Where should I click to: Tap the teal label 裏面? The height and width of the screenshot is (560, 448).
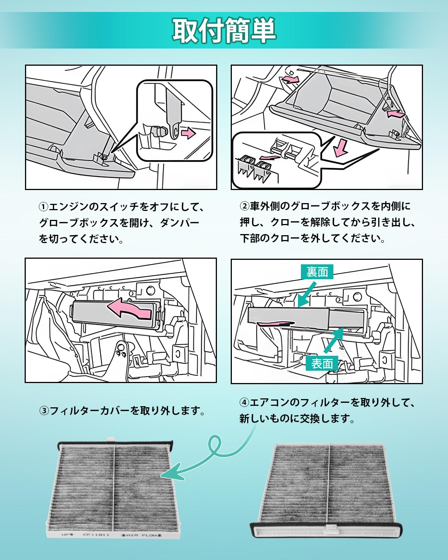317,272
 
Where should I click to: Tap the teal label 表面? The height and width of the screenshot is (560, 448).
322,363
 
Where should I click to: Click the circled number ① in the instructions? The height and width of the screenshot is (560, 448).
44,207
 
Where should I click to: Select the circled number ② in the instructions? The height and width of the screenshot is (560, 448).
244,206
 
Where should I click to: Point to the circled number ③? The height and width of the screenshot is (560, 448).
44,411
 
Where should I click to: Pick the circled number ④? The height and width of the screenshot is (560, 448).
244,402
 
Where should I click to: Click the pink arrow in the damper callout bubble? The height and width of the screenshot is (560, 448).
188,133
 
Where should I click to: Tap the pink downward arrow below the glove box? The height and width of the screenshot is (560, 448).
340,147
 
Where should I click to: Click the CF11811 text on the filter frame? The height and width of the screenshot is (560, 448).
96,535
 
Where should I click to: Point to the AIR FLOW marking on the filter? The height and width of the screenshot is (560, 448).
141,535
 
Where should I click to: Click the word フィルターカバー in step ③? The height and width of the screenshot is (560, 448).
89,411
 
